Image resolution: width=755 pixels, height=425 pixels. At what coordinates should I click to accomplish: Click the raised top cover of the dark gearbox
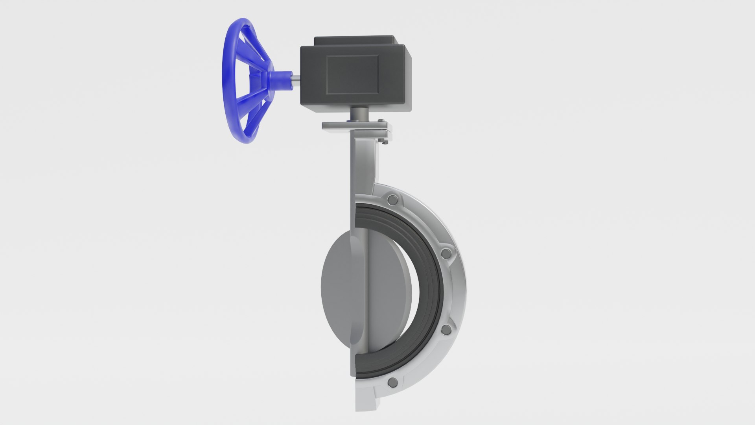click(x=354, y=41)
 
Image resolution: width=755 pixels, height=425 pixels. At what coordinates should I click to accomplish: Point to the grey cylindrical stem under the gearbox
click(x=359, y=114)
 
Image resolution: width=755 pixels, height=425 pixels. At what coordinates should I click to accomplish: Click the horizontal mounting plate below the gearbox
click(x=342, y=126)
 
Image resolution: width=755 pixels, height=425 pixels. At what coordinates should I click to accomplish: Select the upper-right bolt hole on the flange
click(x=446, y=254)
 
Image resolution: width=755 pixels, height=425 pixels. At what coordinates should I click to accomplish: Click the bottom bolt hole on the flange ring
click(x=392, y=382)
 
